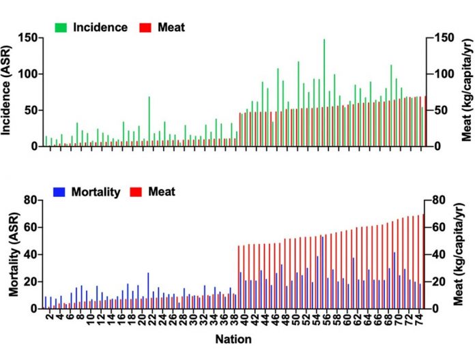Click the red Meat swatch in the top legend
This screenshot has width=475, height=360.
[x=144, y=28]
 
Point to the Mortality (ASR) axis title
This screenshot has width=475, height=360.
[x=13, y=253]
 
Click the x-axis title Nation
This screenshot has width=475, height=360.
[x=233, y=338]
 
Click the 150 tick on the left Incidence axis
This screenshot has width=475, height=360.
[x=28, y=37]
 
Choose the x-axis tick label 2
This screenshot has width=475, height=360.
[x=50, y=318]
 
